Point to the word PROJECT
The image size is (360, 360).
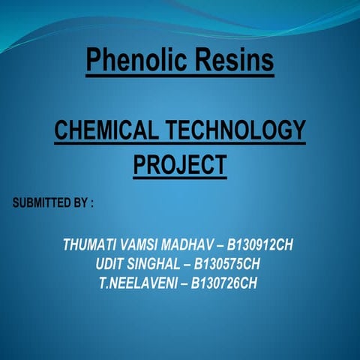[180, 163]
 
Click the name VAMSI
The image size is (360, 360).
[145, 245]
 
